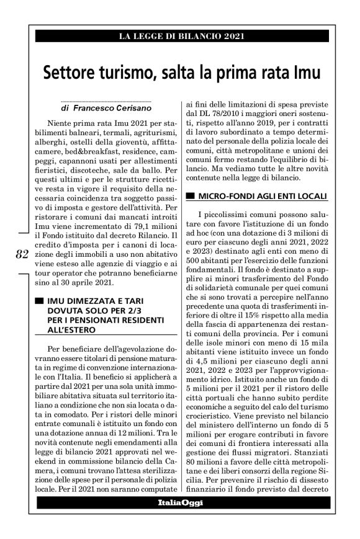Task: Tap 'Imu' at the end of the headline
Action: pyautogui.click(x=304, y=72)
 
